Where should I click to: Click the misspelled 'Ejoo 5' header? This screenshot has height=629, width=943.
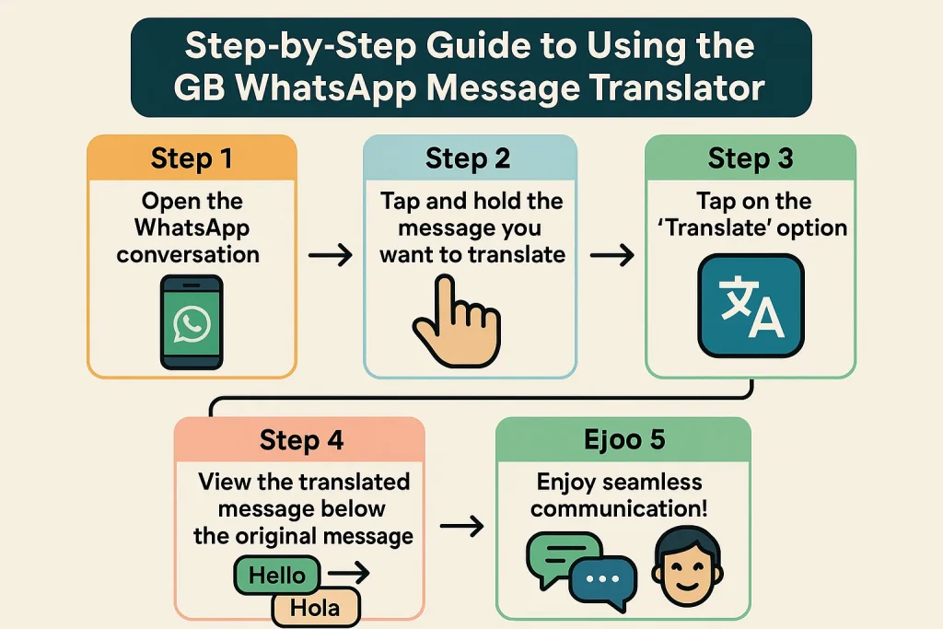click(623, 439)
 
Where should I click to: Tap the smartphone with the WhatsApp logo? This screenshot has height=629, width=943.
click(192, 322)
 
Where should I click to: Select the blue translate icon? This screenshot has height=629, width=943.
click(751, 306)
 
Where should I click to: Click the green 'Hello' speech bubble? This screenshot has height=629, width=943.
click(277, 576)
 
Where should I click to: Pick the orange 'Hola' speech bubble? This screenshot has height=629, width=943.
click(315, 607)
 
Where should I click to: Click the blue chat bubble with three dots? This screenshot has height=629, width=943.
click(602, 577)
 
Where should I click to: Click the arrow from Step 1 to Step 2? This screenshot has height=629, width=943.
click(330, 255)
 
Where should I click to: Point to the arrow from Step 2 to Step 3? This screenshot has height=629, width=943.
click(611, 255)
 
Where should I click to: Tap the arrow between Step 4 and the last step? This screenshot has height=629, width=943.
click(461, 527)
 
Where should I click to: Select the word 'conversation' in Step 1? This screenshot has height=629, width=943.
click(188, 253)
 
